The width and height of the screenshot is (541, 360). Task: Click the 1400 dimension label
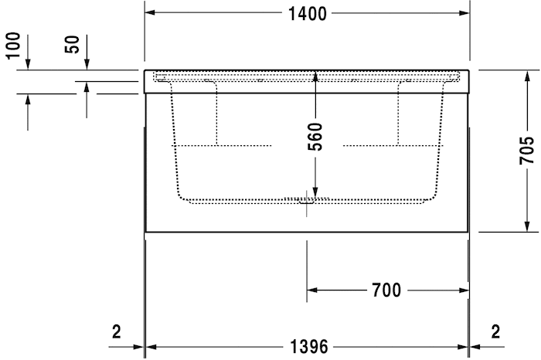coord(308,13)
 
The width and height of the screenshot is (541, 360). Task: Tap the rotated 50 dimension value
coord(72,44)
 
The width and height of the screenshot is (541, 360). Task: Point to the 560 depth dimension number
coord(315,137)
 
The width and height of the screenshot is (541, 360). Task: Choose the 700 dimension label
coord(386,290)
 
